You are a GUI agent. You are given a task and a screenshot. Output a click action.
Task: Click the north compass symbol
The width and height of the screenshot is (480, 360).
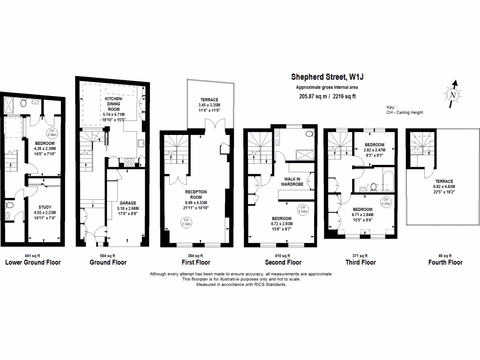(x=452, y=93)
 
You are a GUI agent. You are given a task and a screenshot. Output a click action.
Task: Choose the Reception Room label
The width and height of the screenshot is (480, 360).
(x=196, y=195)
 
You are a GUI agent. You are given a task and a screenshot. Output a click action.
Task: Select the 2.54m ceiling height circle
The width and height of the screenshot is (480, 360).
(x=303, y=210)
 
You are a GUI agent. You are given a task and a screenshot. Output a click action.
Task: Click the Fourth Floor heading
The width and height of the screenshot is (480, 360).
(x=445, y=262)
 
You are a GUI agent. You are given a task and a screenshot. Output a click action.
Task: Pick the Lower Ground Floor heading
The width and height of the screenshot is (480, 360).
(x=33, y=262)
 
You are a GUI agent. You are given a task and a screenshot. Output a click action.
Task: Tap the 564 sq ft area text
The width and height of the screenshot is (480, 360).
(x=108, y=255)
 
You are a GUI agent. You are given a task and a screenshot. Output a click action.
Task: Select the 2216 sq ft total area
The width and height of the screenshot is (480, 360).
(x=341, y=97)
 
